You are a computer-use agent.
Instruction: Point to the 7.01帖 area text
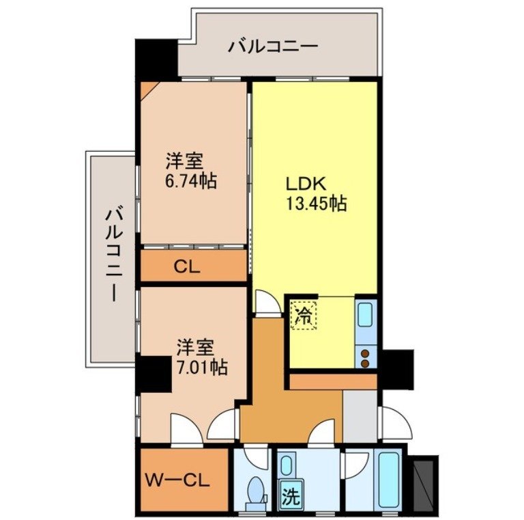tap(201, 366)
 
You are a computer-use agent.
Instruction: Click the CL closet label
tap(186, 267)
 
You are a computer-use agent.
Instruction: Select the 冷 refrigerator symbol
tap(303, 316)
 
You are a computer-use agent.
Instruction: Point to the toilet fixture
tap(256, 491)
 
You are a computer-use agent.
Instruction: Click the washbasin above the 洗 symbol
tap(289, 465)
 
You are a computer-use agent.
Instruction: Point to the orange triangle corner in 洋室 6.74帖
tap(147, 90)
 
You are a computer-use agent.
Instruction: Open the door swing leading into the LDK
tap(267, 302)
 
